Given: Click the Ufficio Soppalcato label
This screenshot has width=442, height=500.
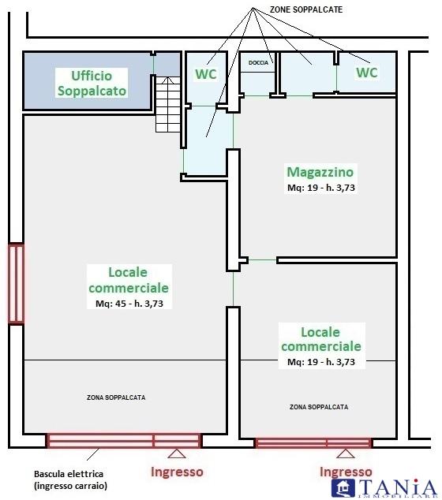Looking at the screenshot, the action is click(x=92, y=84).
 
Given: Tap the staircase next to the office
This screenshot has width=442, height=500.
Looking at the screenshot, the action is click(x=168, y=104).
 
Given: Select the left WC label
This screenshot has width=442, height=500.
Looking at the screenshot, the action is click(x=206, y=74).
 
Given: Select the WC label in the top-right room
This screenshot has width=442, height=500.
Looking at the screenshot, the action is click(x=367, y=73).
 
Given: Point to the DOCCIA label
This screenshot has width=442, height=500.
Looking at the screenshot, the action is click(x=258, y=63).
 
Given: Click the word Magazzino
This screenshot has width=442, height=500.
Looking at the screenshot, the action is click(x=320, y=172).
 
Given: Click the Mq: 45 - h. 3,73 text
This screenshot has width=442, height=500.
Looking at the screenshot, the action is click(x=129, y=304).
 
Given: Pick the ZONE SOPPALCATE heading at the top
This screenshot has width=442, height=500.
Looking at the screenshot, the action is click(x=306, y=9).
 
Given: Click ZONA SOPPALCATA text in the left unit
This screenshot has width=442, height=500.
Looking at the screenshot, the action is click(x=116, y=397).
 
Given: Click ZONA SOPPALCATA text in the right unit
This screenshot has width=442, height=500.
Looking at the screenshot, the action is click(x=319, y=407).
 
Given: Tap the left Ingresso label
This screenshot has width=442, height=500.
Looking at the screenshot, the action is click(x=177, y=472).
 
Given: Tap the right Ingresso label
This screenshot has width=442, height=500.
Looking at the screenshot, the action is click(x=346, y=472).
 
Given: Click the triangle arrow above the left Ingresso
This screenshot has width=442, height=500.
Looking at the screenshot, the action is click(x=177, y=454).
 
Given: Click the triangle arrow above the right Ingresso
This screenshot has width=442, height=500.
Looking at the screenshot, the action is click(x=346, y=453).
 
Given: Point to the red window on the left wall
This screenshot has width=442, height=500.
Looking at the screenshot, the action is click(x=16, y=284).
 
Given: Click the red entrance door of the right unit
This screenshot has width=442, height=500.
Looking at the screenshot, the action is click(x=313, y=443).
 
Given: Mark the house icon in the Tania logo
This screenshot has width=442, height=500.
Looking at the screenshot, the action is click(x=343, y=488).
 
